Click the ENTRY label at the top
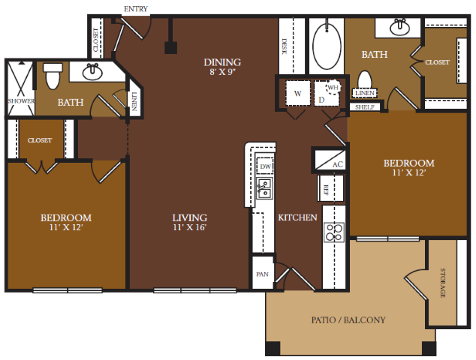pos(136,9)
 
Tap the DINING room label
pos(222,62)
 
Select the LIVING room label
pos(190,217)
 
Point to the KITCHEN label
pos(297,217)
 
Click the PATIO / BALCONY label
pos(348,320)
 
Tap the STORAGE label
pos(443,283)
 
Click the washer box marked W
pos(298,93)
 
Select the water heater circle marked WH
pos(333,87)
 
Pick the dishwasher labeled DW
pos(265,166)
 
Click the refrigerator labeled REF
pos(330,188)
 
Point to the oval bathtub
pos(327,46)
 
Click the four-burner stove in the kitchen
pos(334,232)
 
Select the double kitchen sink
pos(264,188)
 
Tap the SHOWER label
pos(21,101)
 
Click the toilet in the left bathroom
pos(53,76)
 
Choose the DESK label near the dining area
pos(285,46)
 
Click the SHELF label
pos(365,107)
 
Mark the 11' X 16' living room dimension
pos(190,227)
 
